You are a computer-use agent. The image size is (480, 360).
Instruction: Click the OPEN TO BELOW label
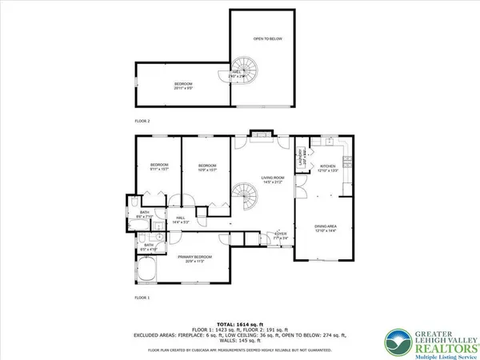point(268,39)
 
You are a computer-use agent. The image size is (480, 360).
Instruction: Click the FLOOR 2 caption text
point(143,121)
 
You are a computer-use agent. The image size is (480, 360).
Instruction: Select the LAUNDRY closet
point(302,158)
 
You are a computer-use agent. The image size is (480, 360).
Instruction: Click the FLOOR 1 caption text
point(143,297)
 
